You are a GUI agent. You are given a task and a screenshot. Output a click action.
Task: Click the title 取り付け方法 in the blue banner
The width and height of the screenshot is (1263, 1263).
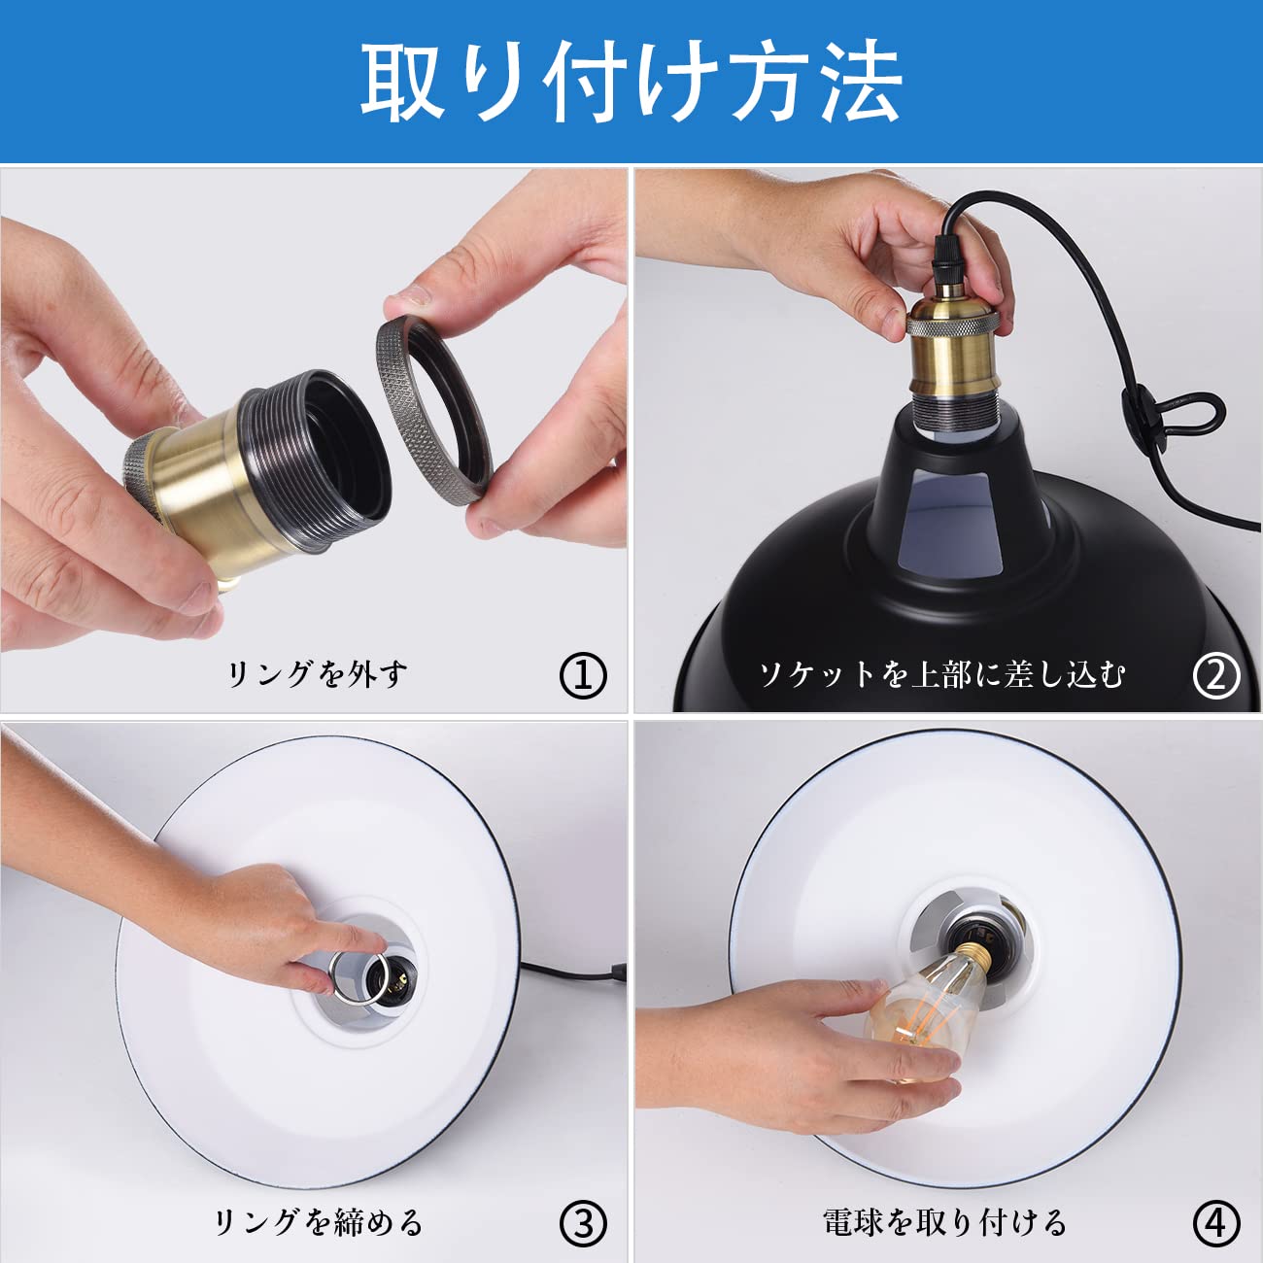coord(631,82)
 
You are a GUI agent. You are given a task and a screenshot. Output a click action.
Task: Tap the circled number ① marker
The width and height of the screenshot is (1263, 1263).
coord(583,675)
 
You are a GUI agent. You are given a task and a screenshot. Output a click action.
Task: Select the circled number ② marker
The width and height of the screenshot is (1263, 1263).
coord(1216,675)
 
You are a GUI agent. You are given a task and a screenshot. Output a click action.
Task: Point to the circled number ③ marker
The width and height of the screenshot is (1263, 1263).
coord(583,1223)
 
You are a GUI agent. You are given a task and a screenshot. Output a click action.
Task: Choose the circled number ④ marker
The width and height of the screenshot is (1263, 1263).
coord(1216,1223)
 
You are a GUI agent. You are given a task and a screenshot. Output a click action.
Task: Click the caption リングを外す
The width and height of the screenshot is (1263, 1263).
coord(317,673)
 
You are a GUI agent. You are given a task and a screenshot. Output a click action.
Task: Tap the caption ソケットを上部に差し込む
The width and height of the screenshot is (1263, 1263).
coord(941,673)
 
